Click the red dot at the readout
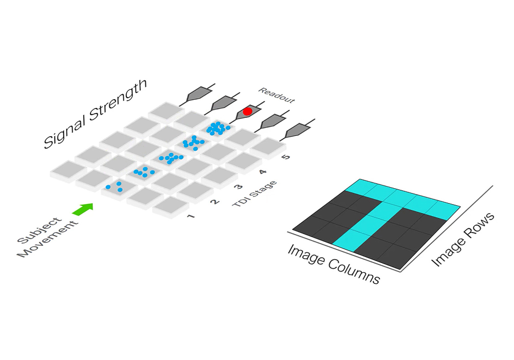coord(247,111)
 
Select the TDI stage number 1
coord(191,216)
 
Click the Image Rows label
coord(463,240)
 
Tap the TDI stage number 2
coord(215,202)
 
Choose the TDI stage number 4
coord(262,172)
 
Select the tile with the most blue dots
coord(217,128)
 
